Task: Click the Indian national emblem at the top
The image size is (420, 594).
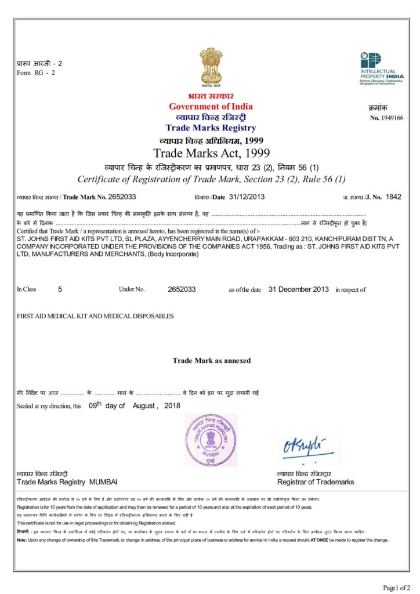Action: (x=211, y=66)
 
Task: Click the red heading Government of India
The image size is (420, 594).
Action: (x=211, y=106)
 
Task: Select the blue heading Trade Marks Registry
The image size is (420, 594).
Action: (x=211, y=128)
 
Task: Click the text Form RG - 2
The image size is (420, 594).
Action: (x=36, y=73)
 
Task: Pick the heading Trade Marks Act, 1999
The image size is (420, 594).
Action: (x=212, y=153)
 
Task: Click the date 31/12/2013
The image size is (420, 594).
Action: (x=247, y=197)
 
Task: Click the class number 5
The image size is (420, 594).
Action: (x=60, y=289)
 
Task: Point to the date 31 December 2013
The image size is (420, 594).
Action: (x=298, y=289)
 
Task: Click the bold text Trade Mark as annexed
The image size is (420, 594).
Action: (x=212, y=360)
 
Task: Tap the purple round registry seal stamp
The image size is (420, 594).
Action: (x=211, y=440)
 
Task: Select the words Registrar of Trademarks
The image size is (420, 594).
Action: (x=315, y=482)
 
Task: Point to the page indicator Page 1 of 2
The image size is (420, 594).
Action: (x=397, y=587)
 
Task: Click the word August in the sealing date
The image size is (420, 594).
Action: (x=143, y=405)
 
